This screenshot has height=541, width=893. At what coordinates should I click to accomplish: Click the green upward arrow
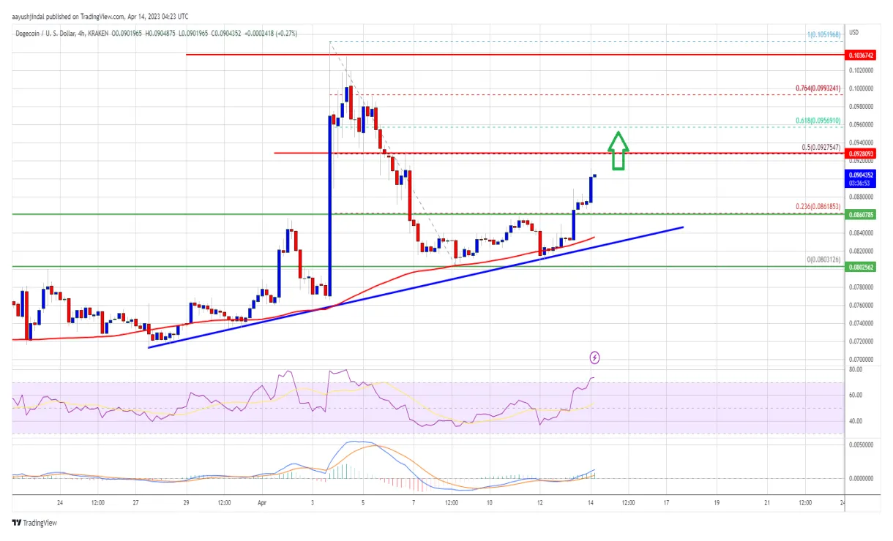(619, 151)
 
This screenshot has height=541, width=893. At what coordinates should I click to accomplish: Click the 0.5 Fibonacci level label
(822, 148)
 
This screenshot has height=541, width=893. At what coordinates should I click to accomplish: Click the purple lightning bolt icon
(595, 357)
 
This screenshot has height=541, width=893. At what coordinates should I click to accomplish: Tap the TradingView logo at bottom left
(34, 523)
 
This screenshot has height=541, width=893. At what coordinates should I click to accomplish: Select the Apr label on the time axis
(262, 503)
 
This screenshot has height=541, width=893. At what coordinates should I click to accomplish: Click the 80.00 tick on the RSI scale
(855, 370)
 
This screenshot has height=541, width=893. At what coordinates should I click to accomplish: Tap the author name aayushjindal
(34, 15)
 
